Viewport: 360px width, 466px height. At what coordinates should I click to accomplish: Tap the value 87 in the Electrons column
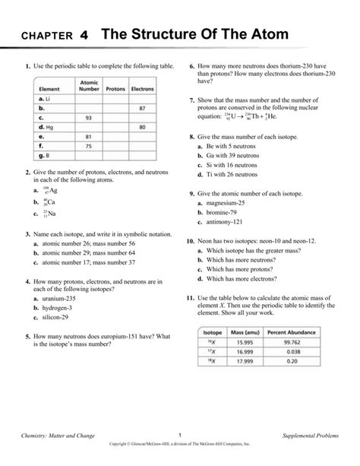[x=142, y=109]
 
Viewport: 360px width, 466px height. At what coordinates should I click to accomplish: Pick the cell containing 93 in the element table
[x=89, y=118]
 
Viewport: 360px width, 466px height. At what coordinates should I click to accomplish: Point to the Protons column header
[x=115, y=89]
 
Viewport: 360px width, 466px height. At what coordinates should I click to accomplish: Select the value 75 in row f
[x=89, y=145]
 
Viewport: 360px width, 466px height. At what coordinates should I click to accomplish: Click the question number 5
[x=27, y=335]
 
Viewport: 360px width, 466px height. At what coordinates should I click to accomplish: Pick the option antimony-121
[x=229, y=222]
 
